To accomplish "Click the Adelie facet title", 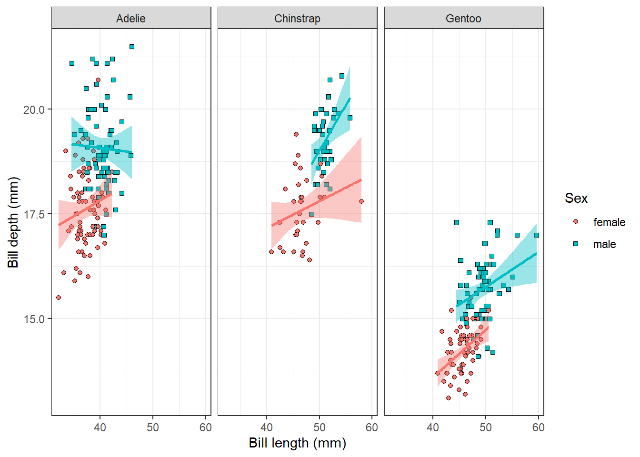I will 131,19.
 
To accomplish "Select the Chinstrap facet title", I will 297,19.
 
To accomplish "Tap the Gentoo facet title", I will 463,19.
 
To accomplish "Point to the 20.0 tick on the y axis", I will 34,109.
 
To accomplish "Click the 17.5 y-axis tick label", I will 34,214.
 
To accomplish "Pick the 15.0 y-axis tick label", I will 34,319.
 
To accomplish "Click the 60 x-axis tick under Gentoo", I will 538,427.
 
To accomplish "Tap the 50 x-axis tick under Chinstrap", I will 319,427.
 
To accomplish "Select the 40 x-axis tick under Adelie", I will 100,427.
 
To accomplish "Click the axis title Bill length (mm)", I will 297,443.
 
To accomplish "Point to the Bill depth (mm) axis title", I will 13,222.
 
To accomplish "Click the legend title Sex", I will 576,198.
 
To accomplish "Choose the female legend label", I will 609,222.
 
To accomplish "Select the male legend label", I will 604,244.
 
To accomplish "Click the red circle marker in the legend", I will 576,222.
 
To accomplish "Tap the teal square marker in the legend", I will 576,244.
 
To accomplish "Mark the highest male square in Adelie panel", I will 132,47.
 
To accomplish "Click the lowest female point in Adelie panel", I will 59,298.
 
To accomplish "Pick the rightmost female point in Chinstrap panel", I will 361,201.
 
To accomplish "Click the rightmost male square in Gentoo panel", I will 537,235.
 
